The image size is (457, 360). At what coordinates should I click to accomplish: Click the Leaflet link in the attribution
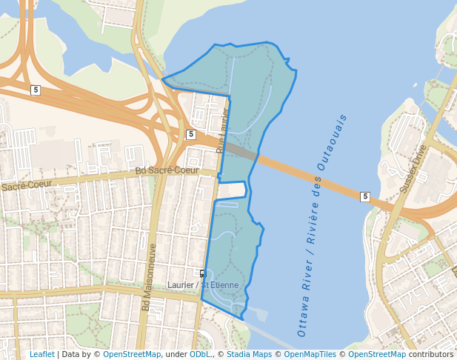click(41, 354)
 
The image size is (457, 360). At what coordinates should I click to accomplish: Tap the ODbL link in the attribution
click(199, 354)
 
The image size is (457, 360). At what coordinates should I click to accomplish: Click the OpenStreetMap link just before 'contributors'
click(376, 354)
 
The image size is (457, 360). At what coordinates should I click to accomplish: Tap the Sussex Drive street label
click(413, 170)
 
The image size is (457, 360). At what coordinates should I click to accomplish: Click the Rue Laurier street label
click(222, 133)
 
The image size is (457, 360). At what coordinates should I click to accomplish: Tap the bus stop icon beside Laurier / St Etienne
click(203, 273)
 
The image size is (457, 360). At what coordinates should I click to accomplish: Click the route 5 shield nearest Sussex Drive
click(364, 196)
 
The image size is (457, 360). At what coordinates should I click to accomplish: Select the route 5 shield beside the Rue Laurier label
click(191, 134)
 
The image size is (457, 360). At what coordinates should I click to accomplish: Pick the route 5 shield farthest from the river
click(35, 90)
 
